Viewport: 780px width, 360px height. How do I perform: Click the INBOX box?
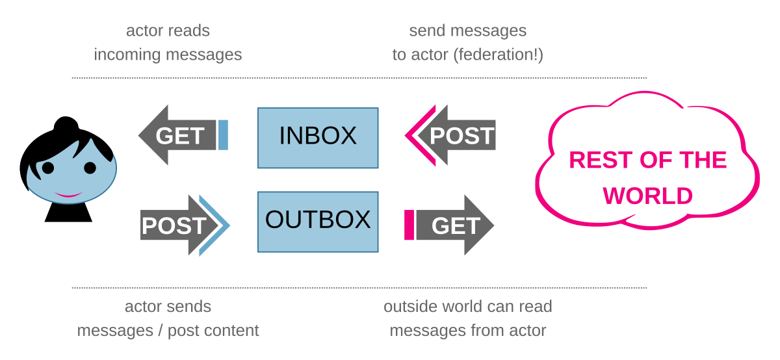[x=318, y=137]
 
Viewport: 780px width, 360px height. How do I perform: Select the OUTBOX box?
[x=318, y=222]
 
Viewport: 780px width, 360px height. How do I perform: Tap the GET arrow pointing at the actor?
[x=175, y=136]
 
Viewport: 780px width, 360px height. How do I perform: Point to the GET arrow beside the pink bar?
[x=455, y=225]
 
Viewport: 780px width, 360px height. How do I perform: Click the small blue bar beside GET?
[x=223, y=135]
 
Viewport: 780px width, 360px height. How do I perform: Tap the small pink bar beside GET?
[x=409, y=225]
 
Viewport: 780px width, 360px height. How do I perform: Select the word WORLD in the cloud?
[x=648, y=196]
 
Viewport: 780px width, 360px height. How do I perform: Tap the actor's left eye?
[x=48, y=168]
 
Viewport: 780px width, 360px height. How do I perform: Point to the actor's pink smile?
[x=67, y=194]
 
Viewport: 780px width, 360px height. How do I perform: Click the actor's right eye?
[x=90, y=168]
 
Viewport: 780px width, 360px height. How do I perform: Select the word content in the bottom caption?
[x=231, y=330]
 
